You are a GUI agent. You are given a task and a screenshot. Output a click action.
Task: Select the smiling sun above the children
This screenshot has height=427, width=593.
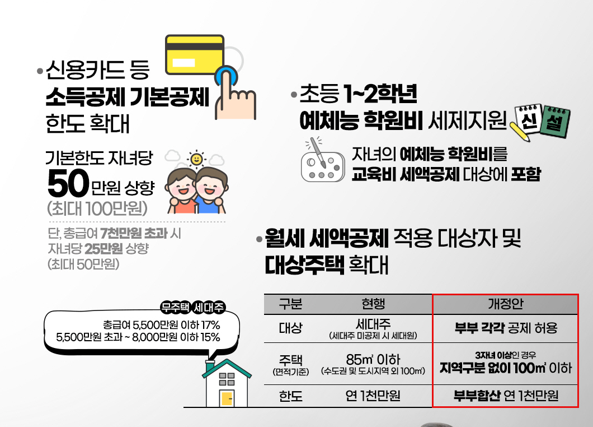click(196, 159)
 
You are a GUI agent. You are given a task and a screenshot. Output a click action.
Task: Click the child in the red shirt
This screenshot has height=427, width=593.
click(183, 193)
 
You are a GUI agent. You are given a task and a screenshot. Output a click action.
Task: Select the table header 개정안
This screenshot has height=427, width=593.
click(505, 304)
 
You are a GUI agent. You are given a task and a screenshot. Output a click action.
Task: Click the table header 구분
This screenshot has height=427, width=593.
click(290, 304)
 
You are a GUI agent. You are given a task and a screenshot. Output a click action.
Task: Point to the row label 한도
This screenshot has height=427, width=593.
click(290, 396)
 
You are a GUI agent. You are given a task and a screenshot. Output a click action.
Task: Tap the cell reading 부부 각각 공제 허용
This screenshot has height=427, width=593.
click(505, 328)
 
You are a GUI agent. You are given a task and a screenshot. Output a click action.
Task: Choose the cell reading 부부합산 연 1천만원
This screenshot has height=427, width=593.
click(505, 396)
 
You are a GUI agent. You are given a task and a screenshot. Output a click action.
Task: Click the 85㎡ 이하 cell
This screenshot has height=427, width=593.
click(373, 359)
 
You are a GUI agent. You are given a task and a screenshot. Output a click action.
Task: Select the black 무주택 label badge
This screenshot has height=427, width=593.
click(175, 307)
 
